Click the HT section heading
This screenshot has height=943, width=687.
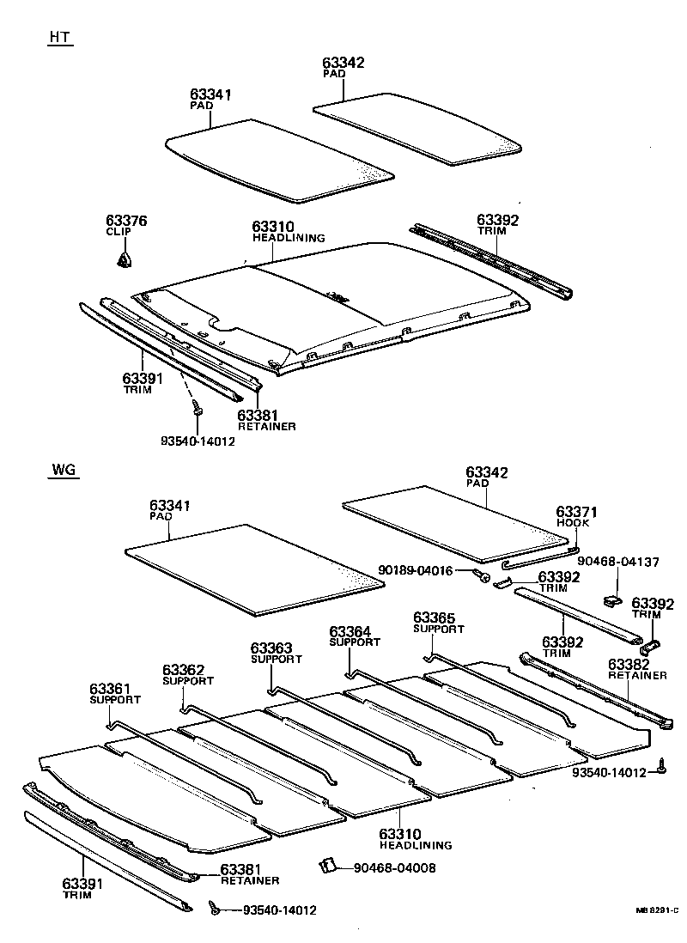58,40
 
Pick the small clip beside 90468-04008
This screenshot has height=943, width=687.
327,866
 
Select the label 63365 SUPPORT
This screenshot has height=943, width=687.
439,623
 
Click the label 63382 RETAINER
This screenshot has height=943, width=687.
637,669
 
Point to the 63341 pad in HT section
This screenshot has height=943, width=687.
279,158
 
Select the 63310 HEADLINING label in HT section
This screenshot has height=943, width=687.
289,232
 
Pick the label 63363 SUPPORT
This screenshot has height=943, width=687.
276,653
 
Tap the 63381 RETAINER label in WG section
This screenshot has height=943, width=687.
249,874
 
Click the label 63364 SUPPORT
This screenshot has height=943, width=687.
355,636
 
